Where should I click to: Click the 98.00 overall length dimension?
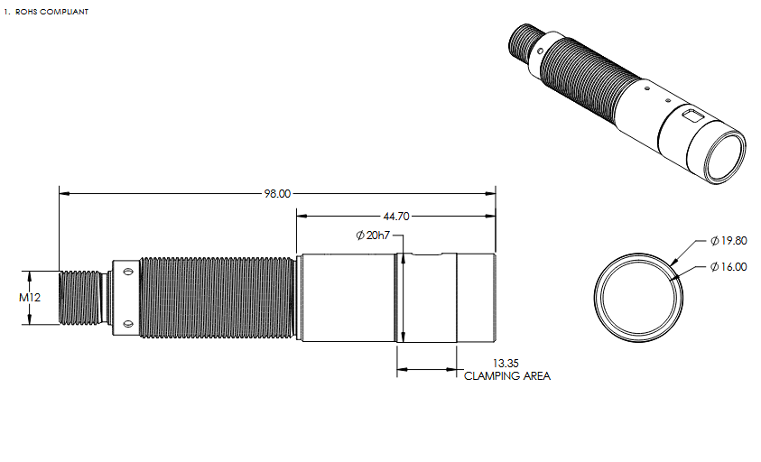(x=277, y=194)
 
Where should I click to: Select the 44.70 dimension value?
(x=396, y=217)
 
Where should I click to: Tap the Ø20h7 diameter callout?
(x=373, y=236)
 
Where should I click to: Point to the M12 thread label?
(x=30, y=298)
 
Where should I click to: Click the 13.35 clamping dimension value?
(x=506, y=363)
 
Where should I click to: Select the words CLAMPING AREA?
(x=507, y=376)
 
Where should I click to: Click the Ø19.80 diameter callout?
(x=729, y=241)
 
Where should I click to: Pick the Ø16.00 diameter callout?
(x=729, y=267)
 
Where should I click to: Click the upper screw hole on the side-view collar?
(x=128, y=272)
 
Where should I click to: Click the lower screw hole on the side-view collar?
(x=128, y=323)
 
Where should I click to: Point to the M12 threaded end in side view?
(x=79, y=298)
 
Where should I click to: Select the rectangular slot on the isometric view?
(x=691, y=116)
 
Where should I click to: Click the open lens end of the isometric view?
(x=726, y=157)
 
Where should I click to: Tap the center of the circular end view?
(x=638, y=298)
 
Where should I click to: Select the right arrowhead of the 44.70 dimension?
(x=490, y=217)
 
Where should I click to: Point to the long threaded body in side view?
(x=217, y=298)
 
